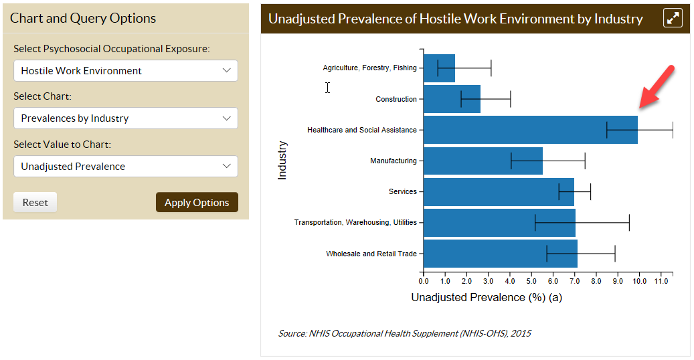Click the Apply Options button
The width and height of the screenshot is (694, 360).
197,202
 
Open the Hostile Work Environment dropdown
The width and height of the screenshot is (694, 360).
126,71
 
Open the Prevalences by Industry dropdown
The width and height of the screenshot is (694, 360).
126,118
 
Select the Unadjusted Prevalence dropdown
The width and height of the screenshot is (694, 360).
126,167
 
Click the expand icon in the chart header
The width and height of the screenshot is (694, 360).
673,18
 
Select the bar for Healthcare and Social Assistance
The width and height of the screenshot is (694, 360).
530,130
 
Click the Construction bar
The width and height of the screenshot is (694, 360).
452,99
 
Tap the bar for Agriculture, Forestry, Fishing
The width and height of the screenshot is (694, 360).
439,68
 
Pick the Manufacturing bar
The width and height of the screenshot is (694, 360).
483,161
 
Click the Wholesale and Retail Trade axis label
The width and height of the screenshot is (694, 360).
371,254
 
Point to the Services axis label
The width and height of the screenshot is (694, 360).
403,192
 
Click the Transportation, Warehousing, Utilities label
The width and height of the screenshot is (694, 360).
355,222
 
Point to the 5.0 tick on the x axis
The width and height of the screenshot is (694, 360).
531,281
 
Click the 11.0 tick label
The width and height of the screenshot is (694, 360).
661,281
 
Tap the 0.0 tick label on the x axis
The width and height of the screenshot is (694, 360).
424,281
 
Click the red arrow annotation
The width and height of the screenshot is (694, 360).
657,87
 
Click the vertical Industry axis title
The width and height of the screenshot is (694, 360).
282,161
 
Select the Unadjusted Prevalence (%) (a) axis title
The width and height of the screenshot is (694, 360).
487,297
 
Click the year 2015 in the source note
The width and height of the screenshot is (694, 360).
521,333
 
